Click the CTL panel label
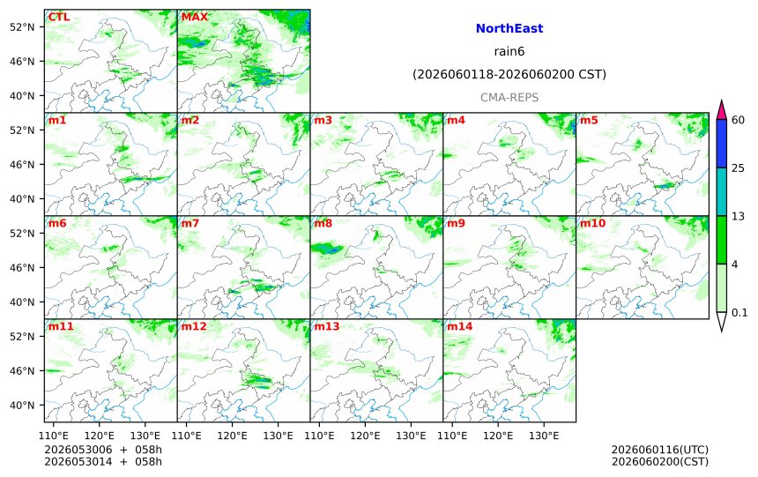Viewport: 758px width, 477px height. [58, 17]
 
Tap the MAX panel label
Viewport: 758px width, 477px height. [194, 17]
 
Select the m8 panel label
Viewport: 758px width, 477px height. [323, 223]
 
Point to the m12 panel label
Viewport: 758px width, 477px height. [194, 326]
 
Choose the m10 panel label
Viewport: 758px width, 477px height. [592, 223]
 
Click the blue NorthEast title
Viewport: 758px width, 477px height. [509, 28]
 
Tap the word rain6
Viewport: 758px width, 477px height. [509, 51]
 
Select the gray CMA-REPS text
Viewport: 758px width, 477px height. [509, 97]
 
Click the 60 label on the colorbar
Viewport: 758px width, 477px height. [738, 120]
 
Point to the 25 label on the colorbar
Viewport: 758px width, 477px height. [738, 168]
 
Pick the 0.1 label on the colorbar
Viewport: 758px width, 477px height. [739, 312]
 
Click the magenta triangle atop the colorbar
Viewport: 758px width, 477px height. [722, 111]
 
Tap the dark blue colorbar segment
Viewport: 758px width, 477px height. [722, 144]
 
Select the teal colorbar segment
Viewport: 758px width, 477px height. [722, 191]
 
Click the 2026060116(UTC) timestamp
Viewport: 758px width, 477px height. [660, 450]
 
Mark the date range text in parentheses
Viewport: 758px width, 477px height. [509, 74]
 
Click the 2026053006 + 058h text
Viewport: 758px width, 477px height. [103, 450]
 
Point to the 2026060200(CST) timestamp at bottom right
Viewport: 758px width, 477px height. [660, 462]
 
